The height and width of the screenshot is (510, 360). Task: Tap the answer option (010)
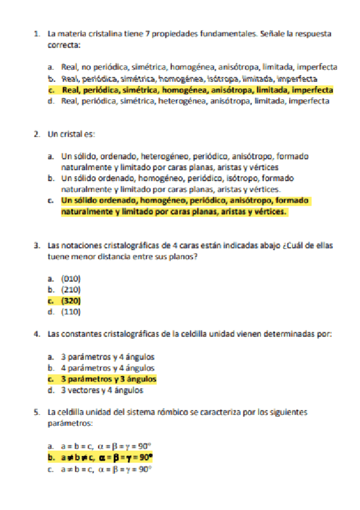(x=71, y=278)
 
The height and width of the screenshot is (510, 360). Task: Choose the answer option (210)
(x=71, y=289)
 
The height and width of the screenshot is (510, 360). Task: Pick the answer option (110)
(x=71, y=312)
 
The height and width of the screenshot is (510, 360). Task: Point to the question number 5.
(x=37, y=413)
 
